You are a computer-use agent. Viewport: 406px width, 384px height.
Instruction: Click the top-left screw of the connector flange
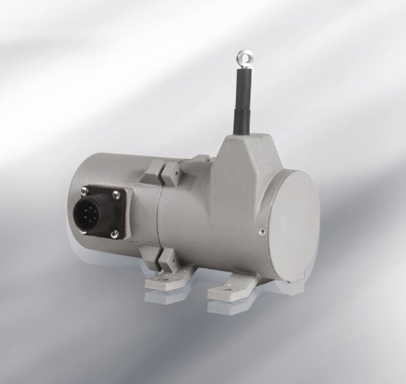click(84, 191)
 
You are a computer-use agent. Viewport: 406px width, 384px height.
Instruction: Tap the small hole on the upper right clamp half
click(175, 171)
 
